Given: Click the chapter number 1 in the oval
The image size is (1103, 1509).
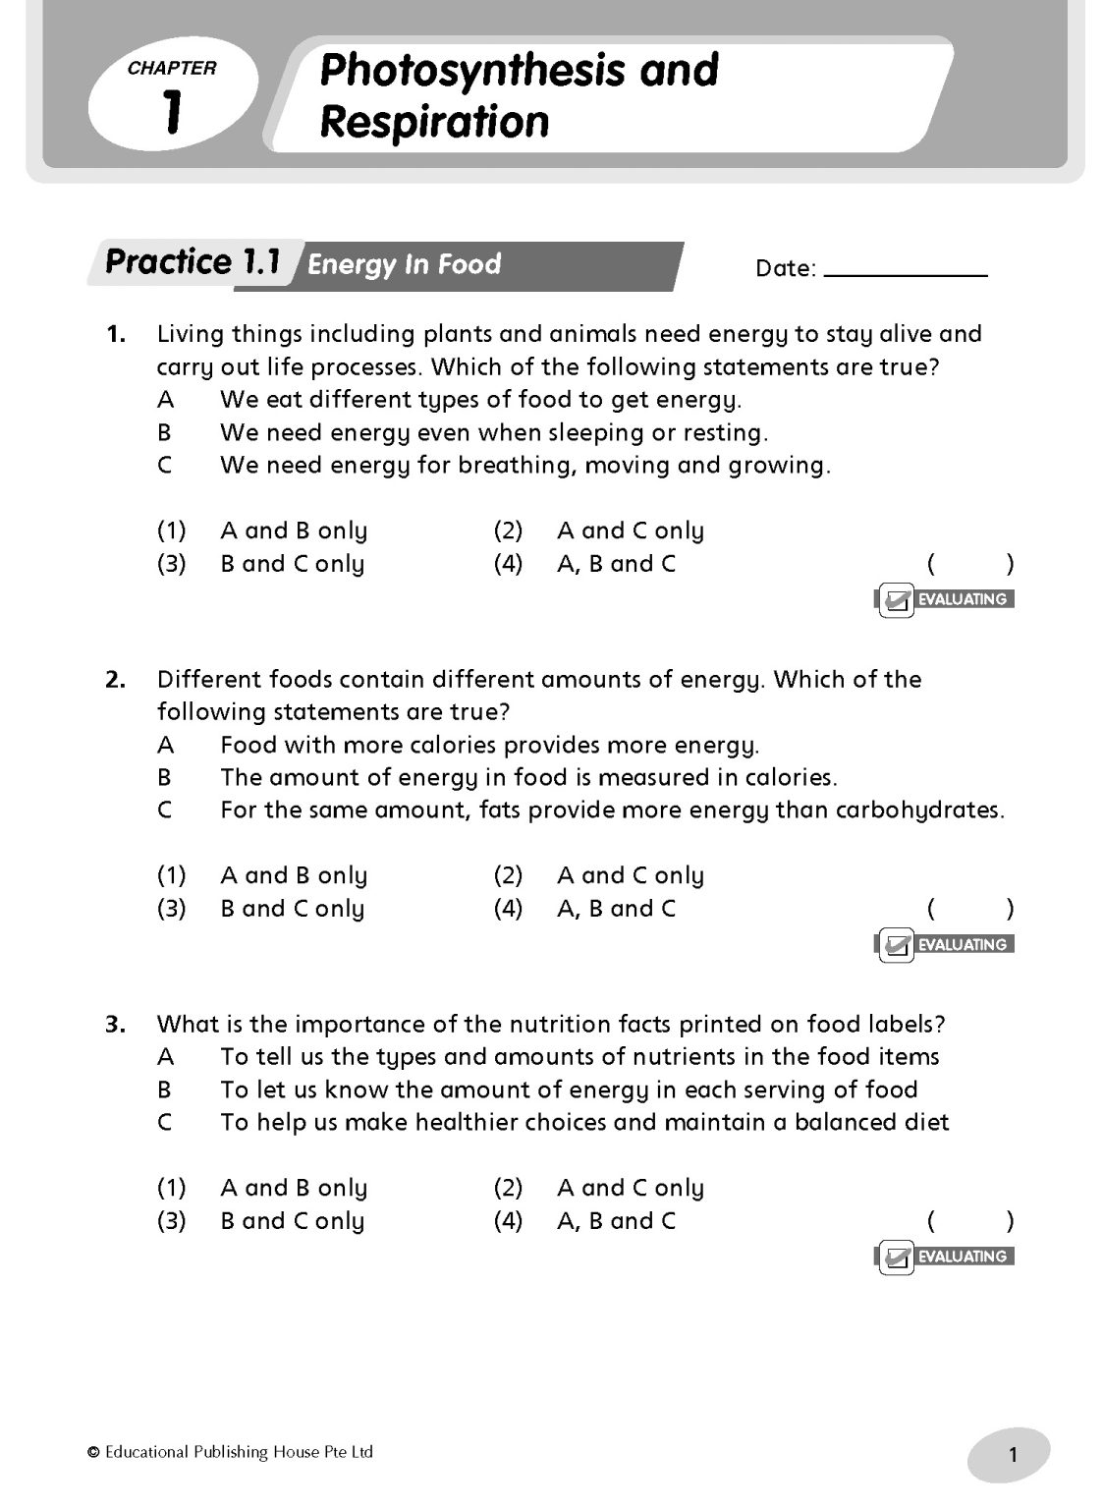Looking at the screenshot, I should point(172,112).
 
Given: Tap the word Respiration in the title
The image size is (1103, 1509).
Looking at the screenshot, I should point(434,123).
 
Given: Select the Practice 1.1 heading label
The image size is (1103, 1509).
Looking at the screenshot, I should point(193,263).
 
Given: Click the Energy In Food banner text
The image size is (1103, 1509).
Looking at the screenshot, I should point(404,264).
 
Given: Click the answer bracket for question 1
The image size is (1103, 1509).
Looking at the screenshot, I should point(968,564).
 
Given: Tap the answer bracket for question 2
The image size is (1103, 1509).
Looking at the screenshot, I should point(968,909).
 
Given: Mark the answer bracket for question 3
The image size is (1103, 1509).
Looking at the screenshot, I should point(968,1221).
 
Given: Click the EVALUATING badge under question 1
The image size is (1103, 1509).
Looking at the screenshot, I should point(944,599).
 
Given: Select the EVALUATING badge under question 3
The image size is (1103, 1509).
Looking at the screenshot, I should point(944,1257).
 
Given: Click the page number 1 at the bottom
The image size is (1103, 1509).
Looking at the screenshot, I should point(1013,1456).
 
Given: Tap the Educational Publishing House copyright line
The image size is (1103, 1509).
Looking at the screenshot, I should point(230,1452).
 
